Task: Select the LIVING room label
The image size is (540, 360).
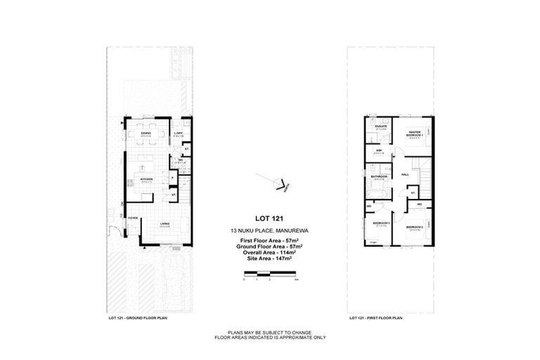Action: (x=164, y=225)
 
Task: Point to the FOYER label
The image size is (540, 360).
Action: (x=132, y=218)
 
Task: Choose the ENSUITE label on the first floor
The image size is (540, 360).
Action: (x=381, y=127)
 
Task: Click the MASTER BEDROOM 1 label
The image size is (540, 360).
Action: (x=414, y=133)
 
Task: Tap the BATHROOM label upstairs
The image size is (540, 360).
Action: (x=380, y=176)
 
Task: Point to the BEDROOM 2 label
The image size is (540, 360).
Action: (x=414, y=227)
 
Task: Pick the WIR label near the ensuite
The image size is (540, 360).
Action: (x=378, y=150)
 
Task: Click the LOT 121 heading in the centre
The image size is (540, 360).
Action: (x=264, y=217)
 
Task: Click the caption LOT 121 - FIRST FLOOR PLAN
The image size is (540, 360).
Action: (x=374, y=318)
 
